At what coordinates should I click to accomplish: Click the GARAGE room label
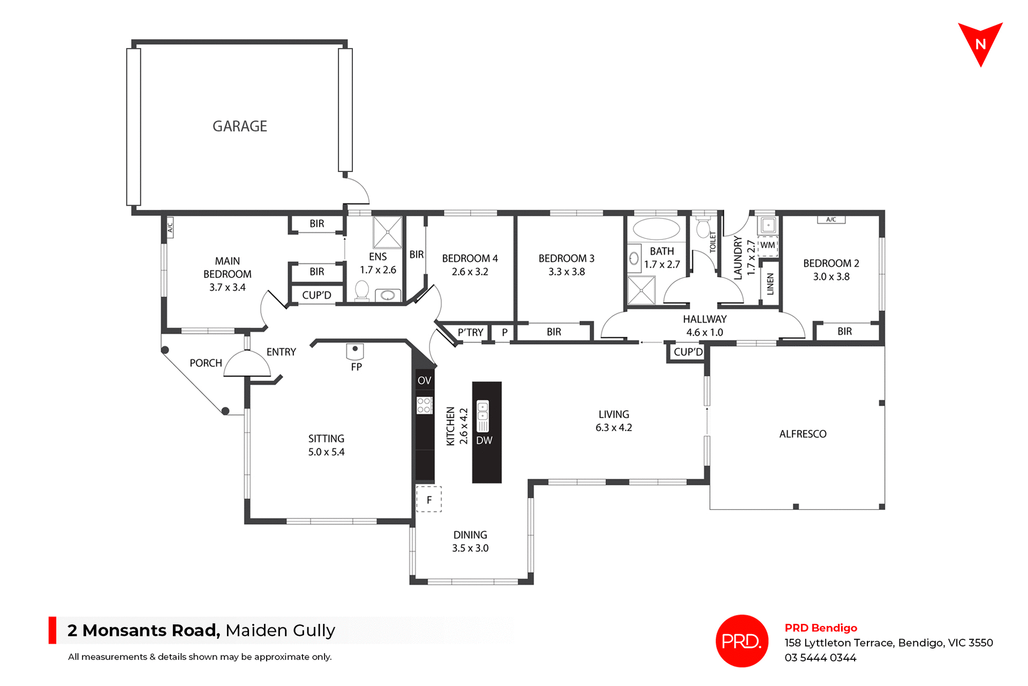point(239,126)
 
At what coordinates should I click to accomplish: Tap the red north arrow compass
point(980,43)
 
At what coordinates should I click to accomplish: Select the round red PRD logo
point(742,640)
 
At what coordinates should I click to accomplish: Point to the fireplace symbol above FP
point(355,351)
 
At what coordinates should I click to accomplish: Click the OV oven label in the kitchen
point(424,381)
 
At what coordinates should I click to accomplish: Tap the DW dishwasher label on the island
point(484,440)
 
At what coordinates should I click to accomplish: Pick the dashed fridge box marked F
point(429,499)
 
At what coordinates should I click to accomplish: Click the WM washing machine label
point(767,245)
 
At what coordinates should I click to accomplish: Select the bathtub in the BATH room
point(656,229)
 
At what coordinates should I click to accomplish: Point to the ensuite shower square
point(387,232)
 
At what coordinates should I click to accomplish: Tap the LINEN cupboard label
point(770,284)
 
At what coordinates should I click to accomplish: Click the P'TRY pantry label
point(470,333)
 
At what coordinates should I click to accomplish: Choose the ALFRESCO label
point(803,434)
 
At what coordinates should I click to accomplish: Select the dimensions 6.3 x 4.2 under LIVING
point(614,428)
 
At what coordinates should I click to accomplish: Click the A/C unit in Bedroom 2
point(831,220)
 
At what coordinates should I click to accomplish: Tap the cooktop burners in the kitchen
point(424,405)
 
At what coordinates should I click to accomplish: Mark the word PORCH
point(206,363)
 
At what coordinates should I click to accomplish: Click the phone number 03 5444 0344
point(820,658)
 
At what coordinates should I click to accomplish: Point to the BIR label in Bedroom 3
point(554,332)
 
